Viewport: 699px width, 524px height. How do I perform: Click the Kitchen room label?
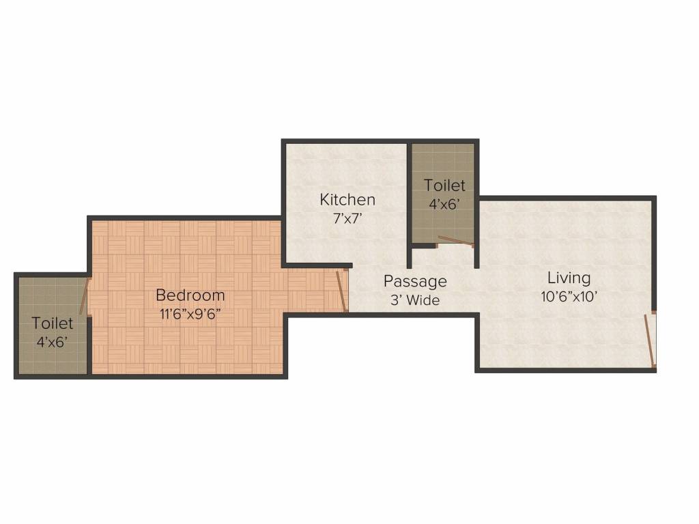(x=347, y=200)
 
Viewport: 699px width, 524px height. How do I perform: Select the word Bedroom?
(x=190, y=295)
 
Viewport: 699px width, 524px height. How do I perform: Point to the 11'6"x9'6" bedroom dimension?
(x=190, y=315)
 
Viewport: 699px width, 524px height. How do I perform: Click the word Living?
(x=569, y=278)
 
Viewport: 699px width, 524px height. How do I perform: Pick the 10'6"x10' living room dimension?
(x=569, y=297)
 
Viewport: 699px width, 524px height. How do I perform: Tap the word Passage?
(x=415, y=281)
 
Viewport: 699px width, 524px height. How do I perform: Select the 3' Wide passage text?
(x=415, y=300)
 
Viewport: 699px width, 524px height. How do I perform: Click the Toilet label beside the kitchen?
(x=444, y=185)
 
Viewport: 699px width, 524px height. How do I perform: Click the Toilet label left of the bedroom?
(x=53, y=323)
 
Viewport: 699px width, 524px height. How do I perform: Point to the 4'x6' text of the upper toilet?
(x=444, y=203)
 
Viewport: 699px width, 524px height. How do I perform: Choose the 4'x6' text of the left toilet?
(x=53, y=342)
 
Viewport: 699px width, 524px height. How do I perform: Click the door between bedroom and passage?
(x=341, y=291)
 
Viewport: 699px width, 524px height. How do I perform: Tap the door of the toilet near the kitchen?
(x=455, y=240)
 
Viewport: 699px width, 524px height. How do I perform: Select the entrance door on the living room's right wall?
(x=650, y=341)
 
